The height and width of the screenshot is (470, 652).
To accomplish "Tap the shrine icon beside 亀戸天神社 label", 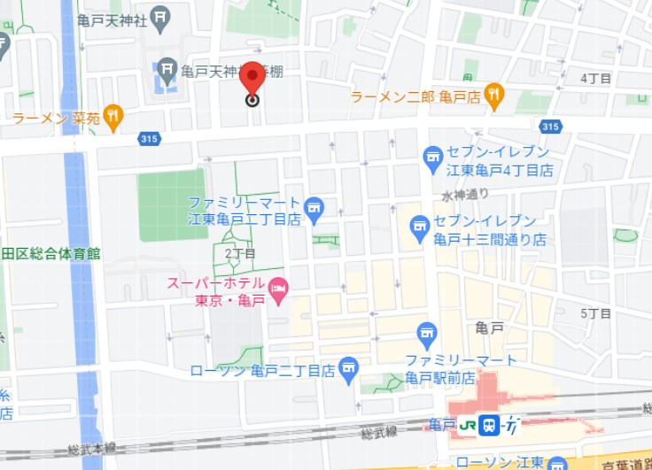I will (160, 17).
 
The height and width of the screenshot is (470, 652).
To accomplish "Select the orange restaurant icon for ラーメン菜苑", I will (113, 114).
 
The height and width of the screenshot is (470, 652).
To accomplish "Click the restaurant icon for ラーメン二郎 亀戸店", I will (494, 94).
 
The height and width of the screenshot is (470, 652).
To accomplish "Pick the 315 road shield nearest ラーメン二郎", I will (550, 127).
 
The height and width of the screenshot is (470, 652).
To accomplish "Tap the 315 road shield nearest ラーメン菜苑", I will (149, 138).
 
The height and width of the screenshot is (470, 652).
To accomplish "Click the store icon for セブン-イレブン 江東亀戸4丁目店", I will (433, 159).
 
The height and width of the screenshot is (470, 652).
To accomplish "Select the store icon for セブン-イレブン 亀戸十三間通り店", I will (420, 228).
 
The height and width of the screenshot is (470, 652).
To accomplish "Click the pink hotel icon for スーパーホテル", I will (277, 289).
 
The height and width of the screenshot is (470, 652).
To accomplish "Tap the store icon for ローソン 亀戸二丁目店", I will (350, 368).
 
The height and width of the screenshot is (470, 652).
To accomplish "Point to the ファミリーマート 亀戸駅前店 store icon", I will (427, 334).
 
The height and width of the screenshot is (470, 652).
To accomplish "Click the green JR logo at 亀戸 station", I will (466, 425).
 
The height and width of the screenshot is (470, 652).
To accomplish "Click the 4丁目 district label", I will (595, 79).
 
